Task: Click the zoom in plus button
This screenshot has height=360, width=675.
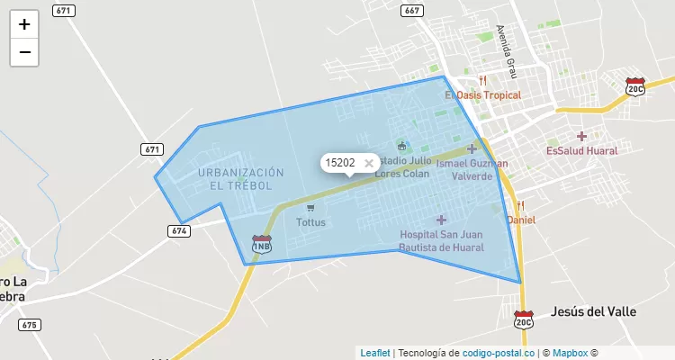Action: (x=24, y=24)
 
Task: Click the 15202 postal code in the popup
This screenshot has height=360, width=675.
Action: (x=339, y=163)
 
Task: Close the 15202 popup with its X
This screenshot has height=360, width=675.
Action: (x=369, y=163)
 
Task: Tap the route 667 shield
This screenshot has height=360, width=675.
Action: (x=411, y=11)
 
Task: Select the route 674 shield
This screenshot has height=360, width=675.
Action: (x=178, y=231)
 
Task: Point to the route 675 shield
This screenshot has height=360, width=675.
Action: (x=29, y=325)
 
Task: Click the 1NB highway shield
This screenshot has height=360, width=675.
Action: (x=262, y=244)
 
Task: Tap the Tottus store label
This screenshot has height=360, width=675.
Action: (x=310, y=221)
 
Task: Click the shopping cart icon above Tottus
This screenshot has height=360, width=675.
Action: (x=310, y=207)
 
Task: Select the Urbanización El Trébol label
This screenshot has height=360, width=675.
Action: (x=240, y=178)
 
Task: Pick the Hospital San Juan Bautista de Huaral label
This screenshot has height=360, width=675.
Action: (x=442, y=240)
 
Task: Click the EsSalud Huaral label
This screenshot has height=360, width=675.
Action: (x=581, y=150)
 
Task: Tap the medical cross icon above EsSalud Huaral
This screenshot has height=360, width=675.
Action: (x=581, y=136)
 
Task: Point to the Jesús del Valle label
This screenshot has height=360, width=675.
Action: (x=593, y=310)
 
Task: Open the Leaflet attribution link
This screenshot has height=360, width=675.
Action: (x=375, y=353)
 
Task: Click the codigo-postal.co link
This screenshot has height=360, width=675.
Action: (x=499, y=353)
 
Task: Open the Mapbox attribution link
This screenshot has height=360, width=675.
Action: (x=570, y=353)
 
